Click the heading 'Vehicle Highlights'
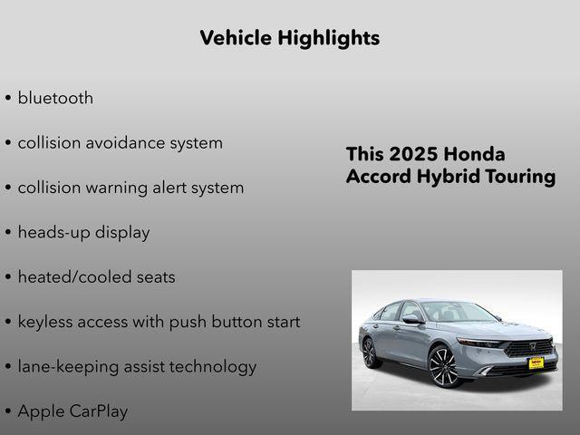pyautogui.click(x=289, y=38)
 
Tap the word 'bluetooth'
pyautogui.click(x=55, y=98)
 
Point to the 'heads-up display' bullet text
pyautogui.click(x=83, y=232)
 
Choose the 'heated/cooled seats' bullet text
pyautogui.click(x=96, y=276)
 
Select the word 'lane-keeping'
pyautogui.click(x=70, y=367)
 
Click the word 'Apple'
pyautogui.click(x=42, y=411)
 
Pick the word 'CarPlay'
pyautogui.click(x=100, y=411)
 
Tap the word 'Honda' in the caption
pyautogui.click(x=476, y=154)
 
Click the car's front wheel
pyautogui.click(x=444, y=366)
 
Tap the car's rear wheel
pyautogui.click(x=371, y=352)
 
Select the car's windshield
pyautogui.click(x=454, y=312)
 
